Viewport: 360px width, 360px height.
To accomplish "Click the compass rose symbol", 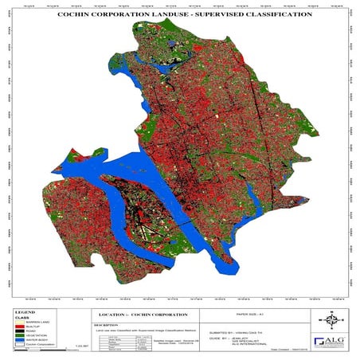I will point(334,317).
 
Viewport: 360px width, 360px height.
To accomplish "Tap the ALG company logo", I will point(332,341).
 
